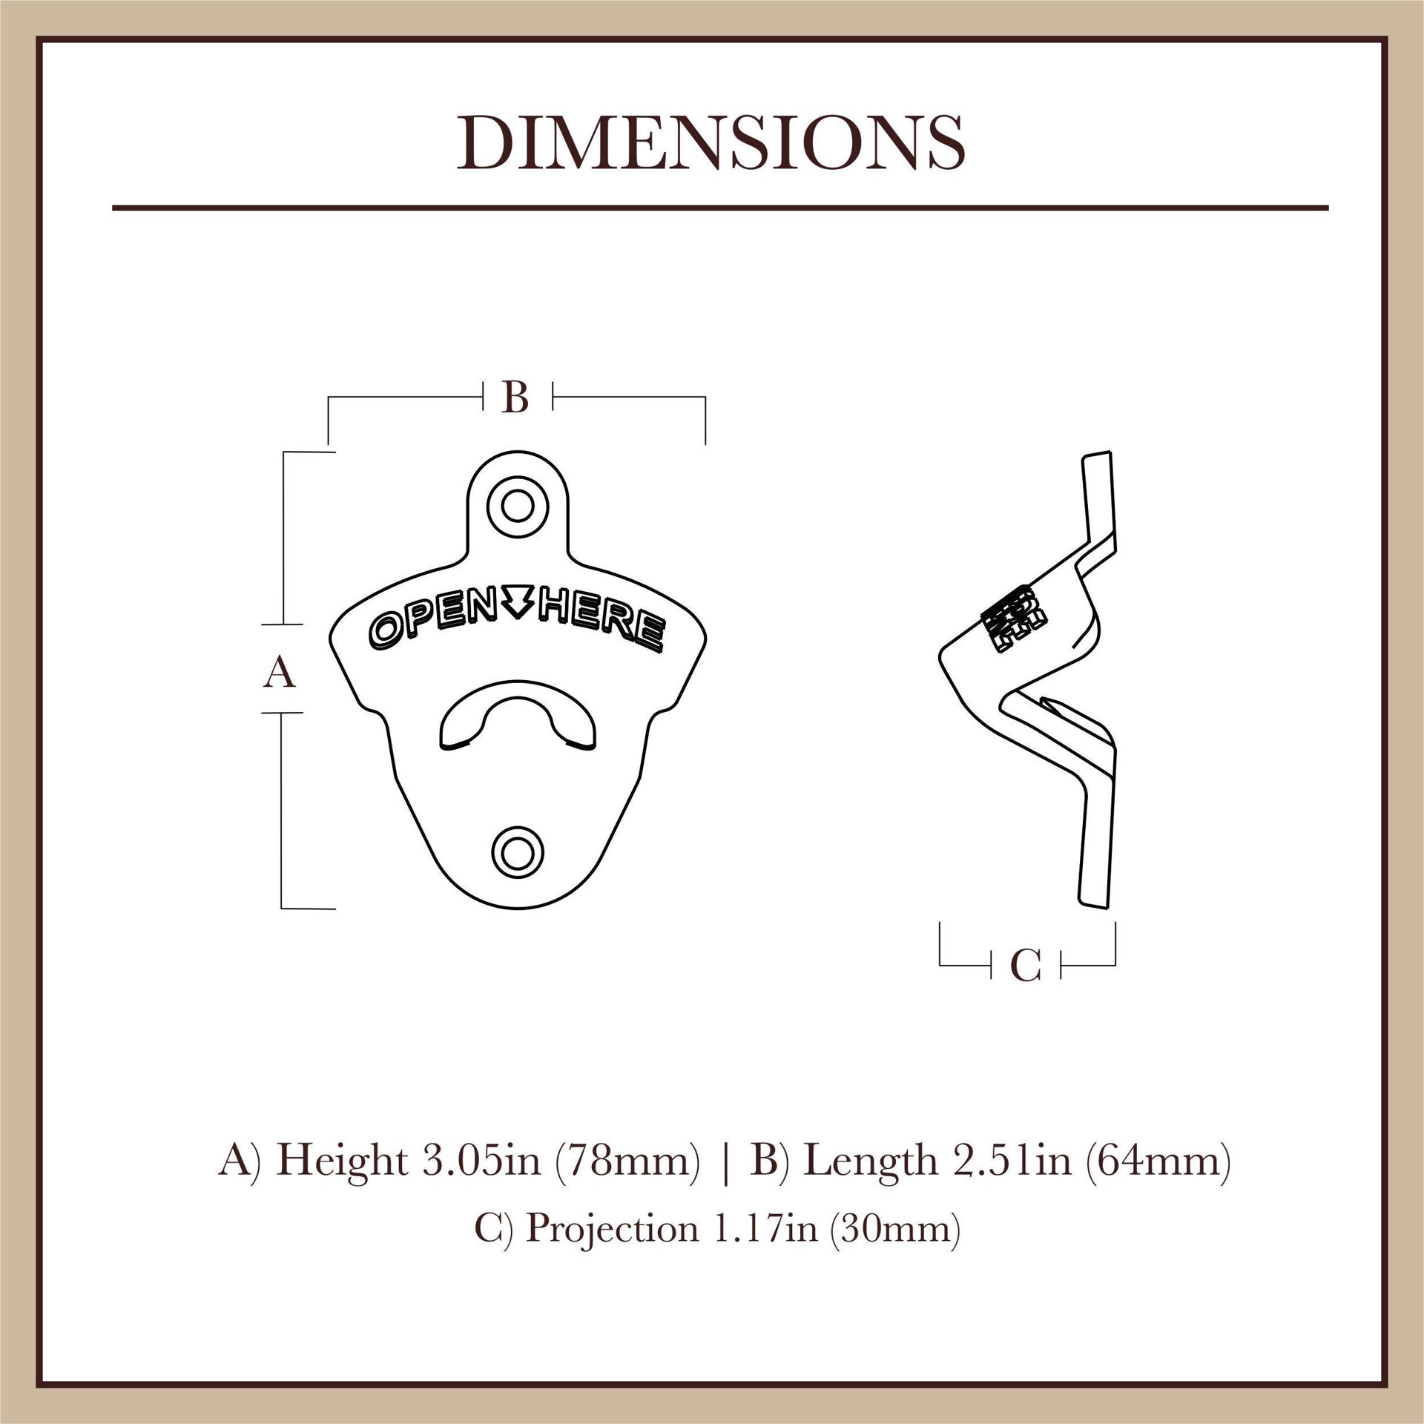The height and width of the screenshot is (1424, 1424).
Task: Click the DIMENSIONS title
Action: pyautogui.click(x=711, y=142)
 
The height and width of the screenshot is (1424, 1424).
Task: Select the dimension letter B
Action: pyautogui.click(x=515, y=398)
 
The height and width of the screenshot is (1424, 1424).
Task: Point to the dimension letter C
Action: pyautogui.click(x=1026, y=966)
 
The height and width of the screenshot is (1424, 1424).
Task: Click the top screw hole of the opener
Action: pyautogui.click(x=517, y=507)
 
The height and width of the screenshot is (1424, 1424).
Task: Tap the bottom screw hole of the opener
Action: pyautogui.click(x=517, y=853)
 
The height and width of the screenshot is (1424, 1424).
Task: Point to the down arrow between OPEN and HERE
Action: pyautogui.click(x=518, y=601)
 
